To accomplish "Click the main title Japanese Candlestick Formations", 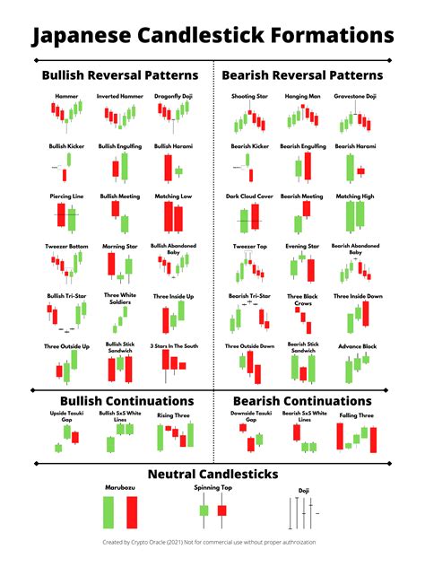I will point(212,35).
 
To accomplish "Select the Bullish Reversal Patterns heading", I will point(119,75).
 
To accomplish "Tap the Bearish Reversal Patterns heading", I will point(302,75).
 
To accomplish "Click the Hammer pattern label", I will point(65,96).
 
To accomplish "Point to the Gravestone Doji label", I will point(355,96).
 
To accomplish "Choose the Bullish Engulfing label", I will point(120,146).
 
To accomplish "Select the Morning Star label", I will point(119,246).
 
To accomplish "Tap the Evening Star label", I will point(301,246).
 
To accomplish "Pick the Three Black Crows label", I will point(301,300).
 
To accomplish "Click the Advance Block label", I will point(356,346).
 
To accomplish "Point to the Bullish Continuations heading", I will point(126,401).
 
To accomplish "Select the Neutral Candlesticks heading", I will point(212,474).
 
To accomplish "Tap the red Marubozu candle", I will point(133,514).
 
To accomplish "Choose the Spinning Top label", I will point(212,489).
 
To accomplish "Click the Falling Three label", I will point(356,416).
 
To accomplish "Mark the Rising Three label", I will point(174,415).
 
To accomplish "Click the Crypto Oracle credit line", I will point(212,543).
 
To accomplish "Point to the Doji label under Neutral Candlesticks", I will point(303,491).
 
